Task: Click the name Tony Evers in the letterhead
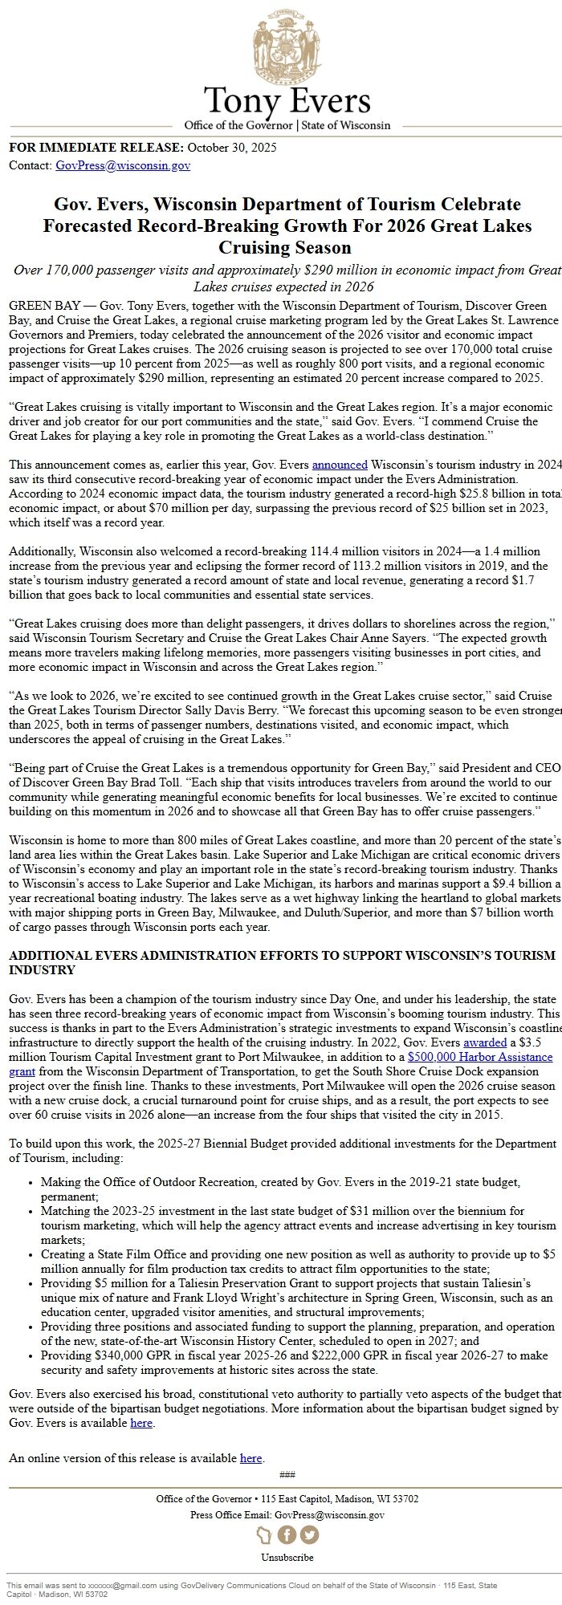coord(287,101)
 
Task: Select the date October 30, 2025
coord(232,148)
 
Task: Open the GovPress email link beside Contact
coord(123,166)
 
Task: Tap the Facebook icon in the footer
coord(287,1534)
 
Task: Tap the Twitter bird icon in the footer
coord(308,1534)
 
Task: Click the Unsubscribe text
coord(287,1557)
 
